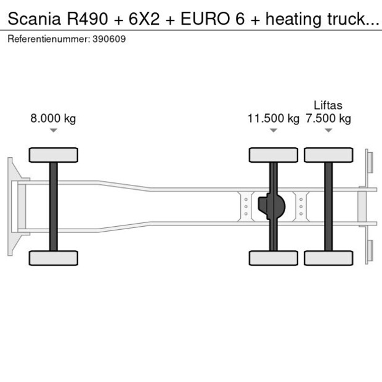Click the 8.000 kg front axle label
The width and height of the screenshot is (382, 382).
(x=53, y=118)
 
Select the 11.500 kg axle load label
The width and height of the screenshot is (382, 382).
(x=273, y=118)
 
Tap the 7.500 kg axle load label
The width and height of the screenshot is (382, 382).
(x=328, y=118)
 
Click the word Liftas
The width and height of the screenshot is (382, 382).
(x=328, y=105)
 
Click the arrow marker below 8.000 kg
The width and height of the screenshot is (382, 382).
(x=54, y=130)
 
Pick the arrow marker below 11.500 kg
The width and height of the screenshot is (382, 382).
(x=274, y=130)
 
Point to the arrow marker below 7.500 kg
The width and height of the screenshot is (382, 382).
(x=328, y=130)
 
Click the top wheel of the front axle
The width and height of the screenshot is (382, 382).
(x=54, y=155)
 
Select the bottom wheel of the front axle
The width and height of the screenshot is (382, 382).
(x=54, y=258)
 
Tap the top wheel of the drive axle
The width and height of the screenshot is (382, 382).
(x=274, y=155)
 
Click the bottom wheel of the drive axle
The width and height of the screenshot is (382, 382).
(x=274, y=258)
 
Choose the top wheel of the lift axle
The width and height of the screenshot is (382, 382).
(x=328, y=155)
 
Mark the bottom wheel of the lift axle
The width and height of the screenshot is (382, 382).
(x=328, y=258)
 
